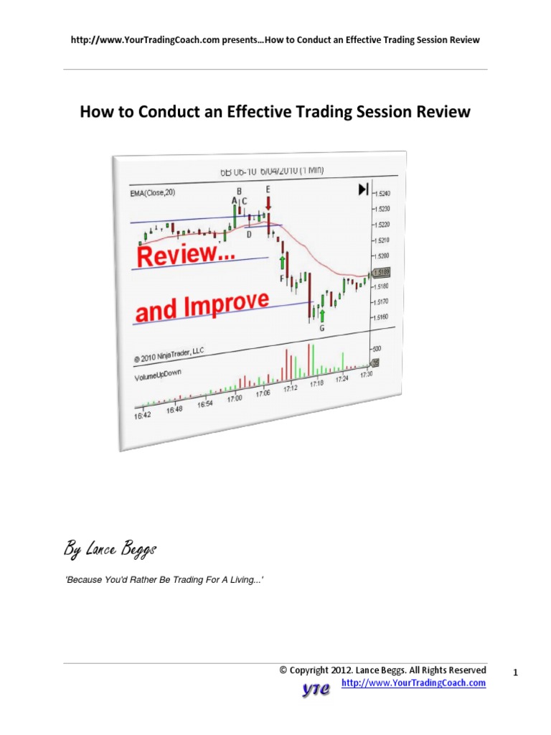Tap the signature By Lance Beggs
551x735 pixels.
pos(110,551)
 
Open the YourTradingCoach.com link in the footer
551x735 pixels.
pos(414,683)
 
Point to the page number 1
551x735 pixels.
pos(516,673)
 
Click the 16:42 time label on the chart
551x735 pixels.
pos(142,414)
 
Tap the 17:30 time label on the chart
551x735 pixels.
pos(366,374)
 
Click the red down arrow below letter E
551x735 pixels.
pos(268,203)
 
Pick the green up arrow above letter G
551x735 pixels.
pos(322,315)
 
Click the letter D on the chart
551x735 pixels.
pos(249,234)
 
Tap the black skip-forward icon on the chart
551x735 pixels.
pos(363,189)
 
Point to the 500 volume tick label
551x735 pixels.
pos(377,347)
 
